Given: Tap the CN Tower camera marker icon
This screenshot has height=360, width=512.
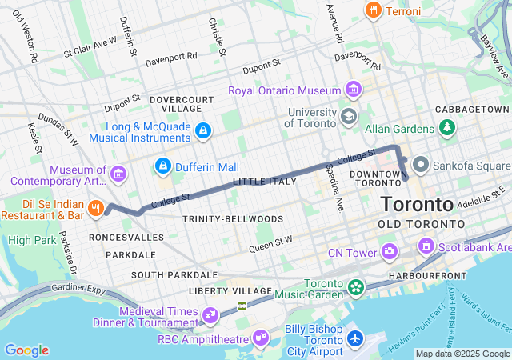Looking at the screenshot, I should click(x=389, y=253).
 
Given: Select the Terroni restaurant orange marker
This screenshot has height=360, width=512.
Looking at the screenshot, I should click(x=372, y=10).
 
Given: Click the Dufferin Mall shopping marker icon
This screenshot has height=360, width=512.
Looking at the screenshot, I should click(x=163, y=166).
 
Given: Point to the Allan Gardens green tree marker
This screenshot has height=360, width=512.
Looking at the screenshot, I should click(x=446, y=128).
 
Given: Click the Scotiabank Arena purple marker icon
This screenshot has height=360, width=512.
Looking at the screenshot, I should click(x=426, y=246).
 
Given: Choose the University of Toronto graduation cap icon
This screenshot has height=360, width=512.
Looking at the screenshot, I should click(x=347, y=117).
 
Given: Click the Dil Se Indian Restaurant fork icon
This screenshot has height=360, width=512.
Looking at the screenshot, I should click(x=96, y=209).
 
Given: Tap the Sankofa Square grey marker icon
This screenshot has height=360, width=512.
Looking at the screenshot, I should click(x=420, y=166).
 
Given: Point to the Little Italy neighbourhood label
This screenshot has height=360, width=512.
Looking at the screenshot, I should click(x=264, y=182).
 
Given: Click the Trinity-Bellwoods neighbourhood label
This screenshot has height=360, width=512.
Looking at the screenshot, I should click(x=232, y=218).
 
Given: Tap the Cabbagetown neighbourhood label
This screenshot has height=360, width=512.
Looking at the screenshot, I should click(x=472, y=109).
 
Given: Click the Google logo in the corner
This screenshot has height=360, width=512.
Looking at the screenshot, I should click(x=26, y=350).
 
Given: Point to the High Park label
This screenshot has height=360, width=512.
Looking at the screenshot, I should click(x=31, y=240).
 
